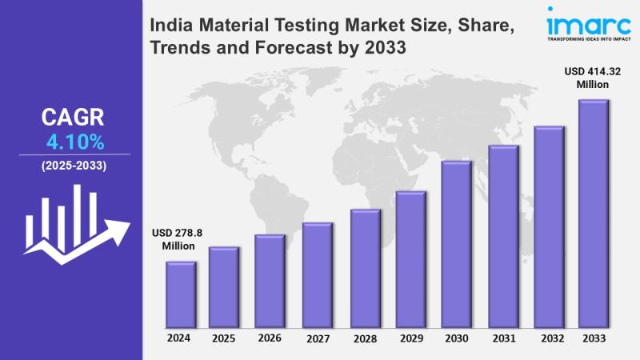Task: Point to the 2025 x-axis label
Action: click(225, 338)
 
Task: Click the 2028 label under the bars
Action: click(364, 338)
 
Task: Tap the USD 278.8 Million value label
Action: click(178, 239)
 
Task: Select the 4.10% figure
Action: click(74, 143)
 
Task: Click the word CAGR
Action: click(73, 118)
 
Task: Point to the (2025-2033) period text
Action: click(73, 166)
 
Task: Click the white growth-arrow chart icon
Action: click(74, 221)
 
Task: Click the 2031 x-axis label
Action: click(502, 338)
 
